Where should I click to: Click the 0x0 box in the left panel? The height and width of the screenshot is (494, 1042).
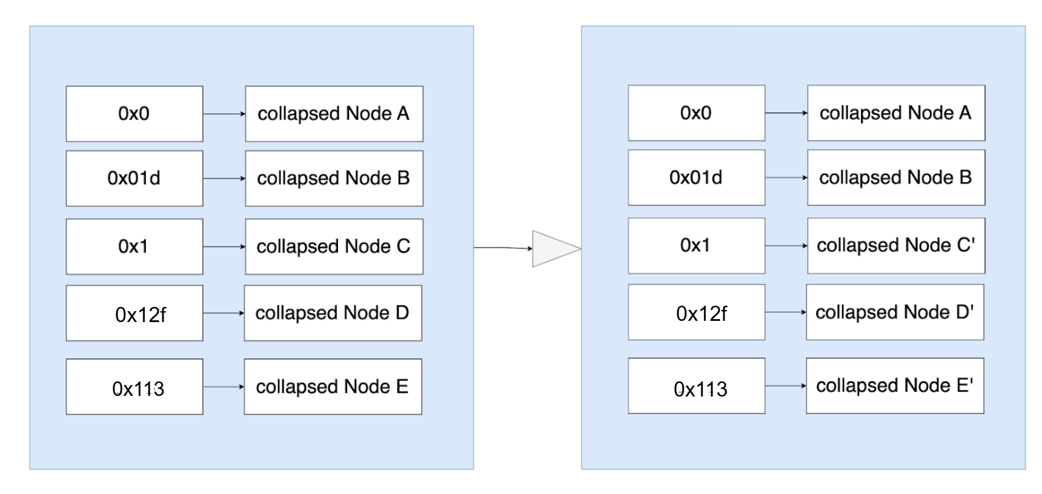coord(134,114)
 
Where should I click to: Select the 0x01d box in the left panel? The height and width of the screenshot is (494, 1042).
coord(134,179)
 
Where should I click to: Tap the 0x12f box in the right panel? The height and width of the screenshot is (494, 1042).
coord(697,312)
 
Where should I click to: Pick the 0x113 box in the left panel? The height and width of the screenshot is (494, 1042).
coord(134,387)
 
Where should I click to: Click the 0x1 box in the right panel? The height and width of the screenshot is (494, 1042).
coord(697,246)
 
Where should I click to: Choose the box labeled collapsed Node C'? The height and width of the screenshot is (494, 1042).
coord(896,246)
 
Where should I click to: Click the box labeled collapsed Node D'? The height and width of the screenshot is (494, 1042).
coord(895,312)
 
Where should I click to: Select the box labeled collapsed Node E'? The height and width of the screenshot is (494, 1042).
coord(895,386)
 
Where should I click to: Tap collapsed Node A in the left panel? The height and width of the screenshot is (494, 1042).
coord(334,114)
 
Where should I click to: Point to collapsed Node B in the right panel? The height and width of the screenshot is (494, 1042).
coord(896,177)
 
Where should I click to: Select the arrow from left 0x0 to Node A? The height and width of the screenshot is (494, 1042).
coord(224,114)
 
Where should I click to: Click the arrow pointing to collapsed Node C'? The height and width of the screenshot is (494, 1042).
coord(786,246)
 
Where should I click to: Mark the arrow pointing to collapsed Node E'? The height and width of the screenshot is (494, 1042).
coord(786,386)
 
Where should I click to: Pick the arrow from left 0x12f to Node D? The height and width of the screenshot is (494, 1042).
coord(224,313)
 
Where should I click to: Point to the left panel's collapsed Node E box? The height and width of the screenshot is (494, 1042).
coord(333,387)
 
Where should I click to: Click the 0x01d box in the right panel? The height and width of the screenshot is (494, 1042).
coord(697,177)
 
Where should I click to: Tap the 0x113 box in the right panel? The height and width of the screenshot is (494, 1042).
coord(697,386)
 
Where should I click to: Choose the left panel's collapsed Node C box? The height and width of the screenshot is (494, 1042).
coord(334,247)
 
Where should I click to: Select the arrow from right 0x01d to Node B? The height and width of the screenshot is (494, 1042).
coord(786,177)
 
